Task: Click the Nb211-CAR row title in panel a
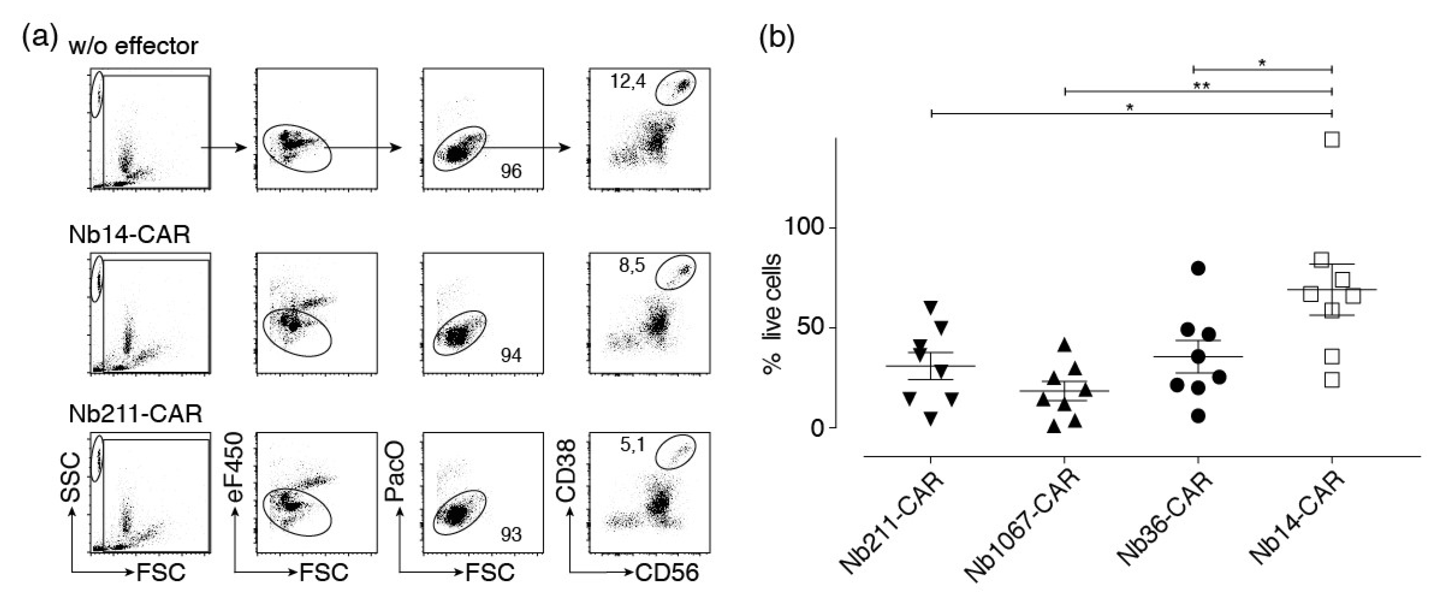pyautogui.click(x=135, y=414)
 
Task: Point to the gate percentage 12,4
pyautogui.click(x=628, y=82)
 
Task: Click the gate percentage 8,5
pyautogui.click(x=632, y=266)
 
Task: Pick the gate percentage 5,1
pyautogui.click(x=633, y=445)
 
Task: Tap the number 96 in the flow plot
pyautogui.click(x=511, y=172)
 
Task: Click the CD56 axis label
pyautogui.click(x=667, y=573)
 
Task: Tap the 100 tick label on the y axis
pyautogui.click(x=804, y=227)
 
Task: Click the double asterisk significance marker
pyautogui.click(x=1201, y=86)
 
